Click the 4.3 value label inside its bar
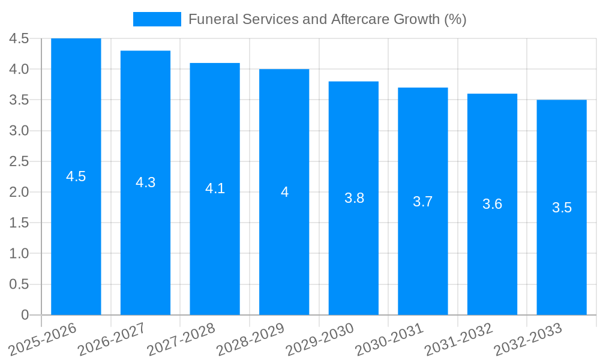click(146, 182)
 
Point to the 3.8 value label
click(354, 198)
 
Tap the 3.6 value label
click(493, 204)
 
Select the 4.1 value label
click(215, 188)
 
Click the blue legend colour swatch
click(157, 19)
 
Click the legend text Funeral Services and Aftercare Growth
click(327, 19)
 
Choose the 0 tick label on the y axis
click(25, 315)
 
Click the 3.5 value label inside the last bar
click(562, 208)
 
